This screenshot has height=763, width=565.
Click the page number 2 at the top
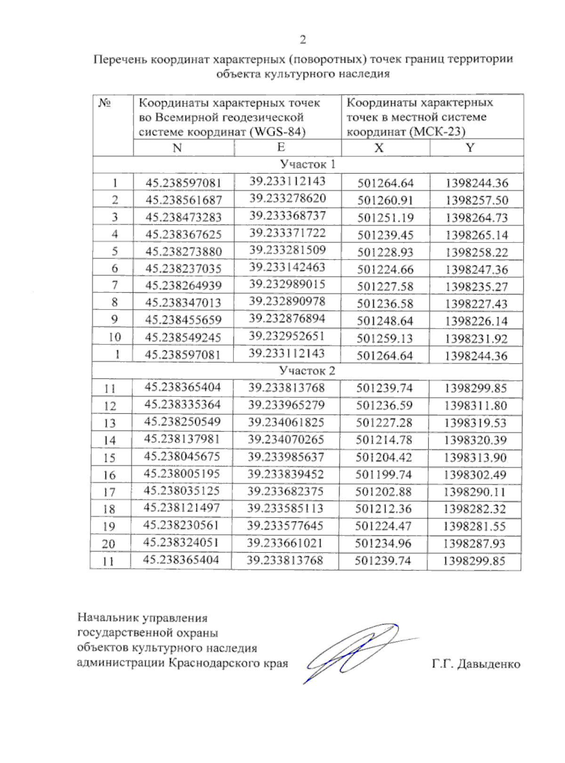(x=303, y=40)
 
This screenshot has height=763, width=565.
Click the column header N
(x=177, y=148)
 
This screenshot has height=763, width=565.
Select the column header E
(x=281, y=147)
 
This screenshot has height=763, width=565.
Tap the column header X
(x=379, y=148)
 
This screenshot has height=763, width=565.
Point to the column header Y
(x=470, y=147)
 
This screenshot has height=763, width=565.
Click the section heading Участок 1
(x=307, y=164)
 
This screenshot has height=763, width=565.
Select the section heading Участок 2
(x=307, y=371)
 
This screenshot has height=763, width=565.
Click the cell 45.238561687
(x=184, y=200)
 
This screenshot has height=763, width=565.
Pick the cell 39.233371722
(x=287, y=233)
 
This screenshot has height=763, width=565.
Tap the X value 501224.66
(x=385, y=269)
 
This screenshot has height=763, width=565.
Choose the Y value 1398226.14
(x=476, y=321)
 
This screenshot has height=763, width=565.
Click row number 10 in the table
(x=114, y=337)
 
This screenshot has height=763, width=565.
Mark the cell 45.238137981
(x=182, y=439)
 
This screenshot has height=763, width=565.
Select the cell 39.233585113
(x=286, y=508)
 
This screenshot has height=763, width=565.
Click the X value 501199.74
(x=384, y=475)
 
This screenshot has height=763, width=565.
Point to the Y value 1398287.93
(x=474, y=544)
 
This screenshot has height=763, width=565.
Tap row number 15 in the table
(x=109, y=458)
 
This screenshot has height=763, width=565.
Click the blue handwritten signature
(x=353, y=652)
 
